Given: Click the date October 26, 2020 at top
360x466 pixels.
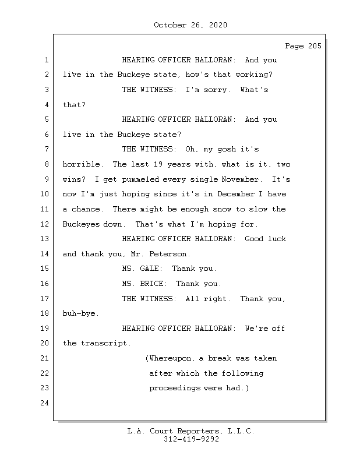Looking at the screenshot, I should (190, 25).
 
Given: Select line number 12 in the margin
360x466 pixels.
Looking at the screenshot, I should (45, 224).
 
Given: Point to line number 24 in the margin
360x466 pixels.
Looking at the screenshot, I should (45, 403).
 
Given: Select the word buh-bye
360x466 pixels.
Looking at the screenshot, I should (81, 313).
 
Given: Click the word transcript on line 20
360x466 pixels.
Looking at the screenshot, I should (106, 343).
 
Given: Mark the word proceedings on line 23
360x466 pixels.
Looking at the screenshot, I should (174, 388).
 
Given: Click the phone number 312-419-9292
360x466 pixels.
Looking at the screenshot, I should (191, 440).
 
